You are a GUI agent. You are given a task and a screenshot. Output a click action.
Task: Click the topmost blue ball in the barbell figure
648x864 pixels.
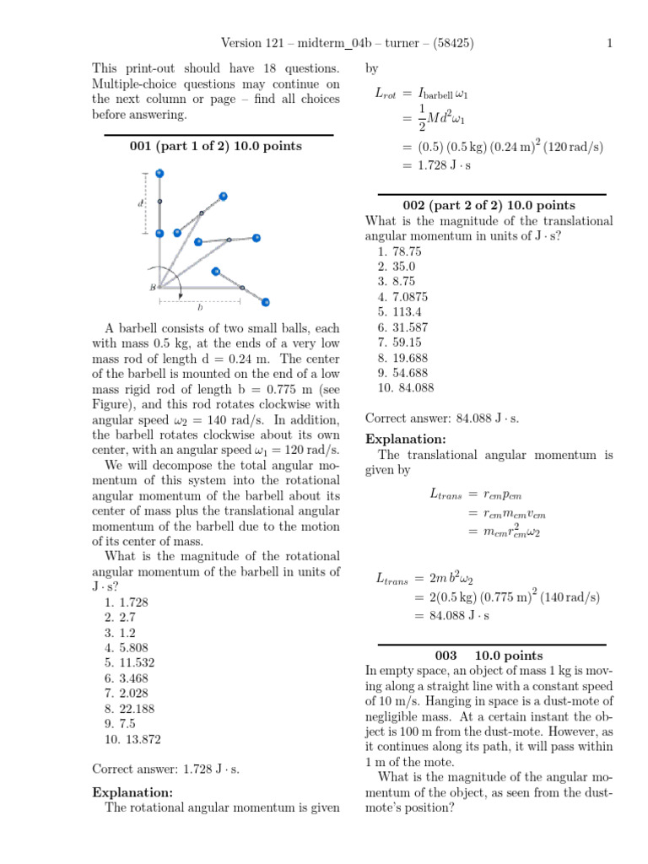click(x=159, y=174)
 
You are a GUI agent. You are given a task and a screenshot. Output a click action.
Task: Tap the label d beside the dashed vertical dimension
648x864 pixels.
click(x=139, y=203)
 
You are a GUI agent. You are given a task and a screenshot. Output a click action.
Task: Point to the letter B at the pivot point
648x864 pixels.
click(x=153, y=287)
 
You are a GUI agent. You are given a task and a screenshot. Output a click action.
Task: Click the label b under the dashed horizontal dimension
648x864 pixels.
click(x=200, y=308)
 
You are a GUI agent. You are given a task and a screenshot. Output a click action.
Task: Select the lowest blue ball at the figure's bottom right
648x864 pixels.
click(x=266, y=301)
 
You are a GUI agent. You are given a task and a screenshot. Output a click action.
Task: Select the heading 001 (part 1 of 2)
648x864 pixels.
click(x=215, y=146)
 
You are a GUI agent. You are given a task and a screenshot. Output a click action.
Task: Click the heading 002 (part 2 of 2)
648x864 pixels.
click(x=489, y=205)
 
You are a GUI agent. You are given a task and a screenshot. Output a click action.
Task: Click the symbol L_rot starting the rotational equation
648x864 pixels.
click(x=385, y=95)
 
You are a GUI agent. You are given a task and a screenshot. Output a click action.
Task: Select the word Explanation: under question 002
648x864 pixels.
click(x=404, y=439)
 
